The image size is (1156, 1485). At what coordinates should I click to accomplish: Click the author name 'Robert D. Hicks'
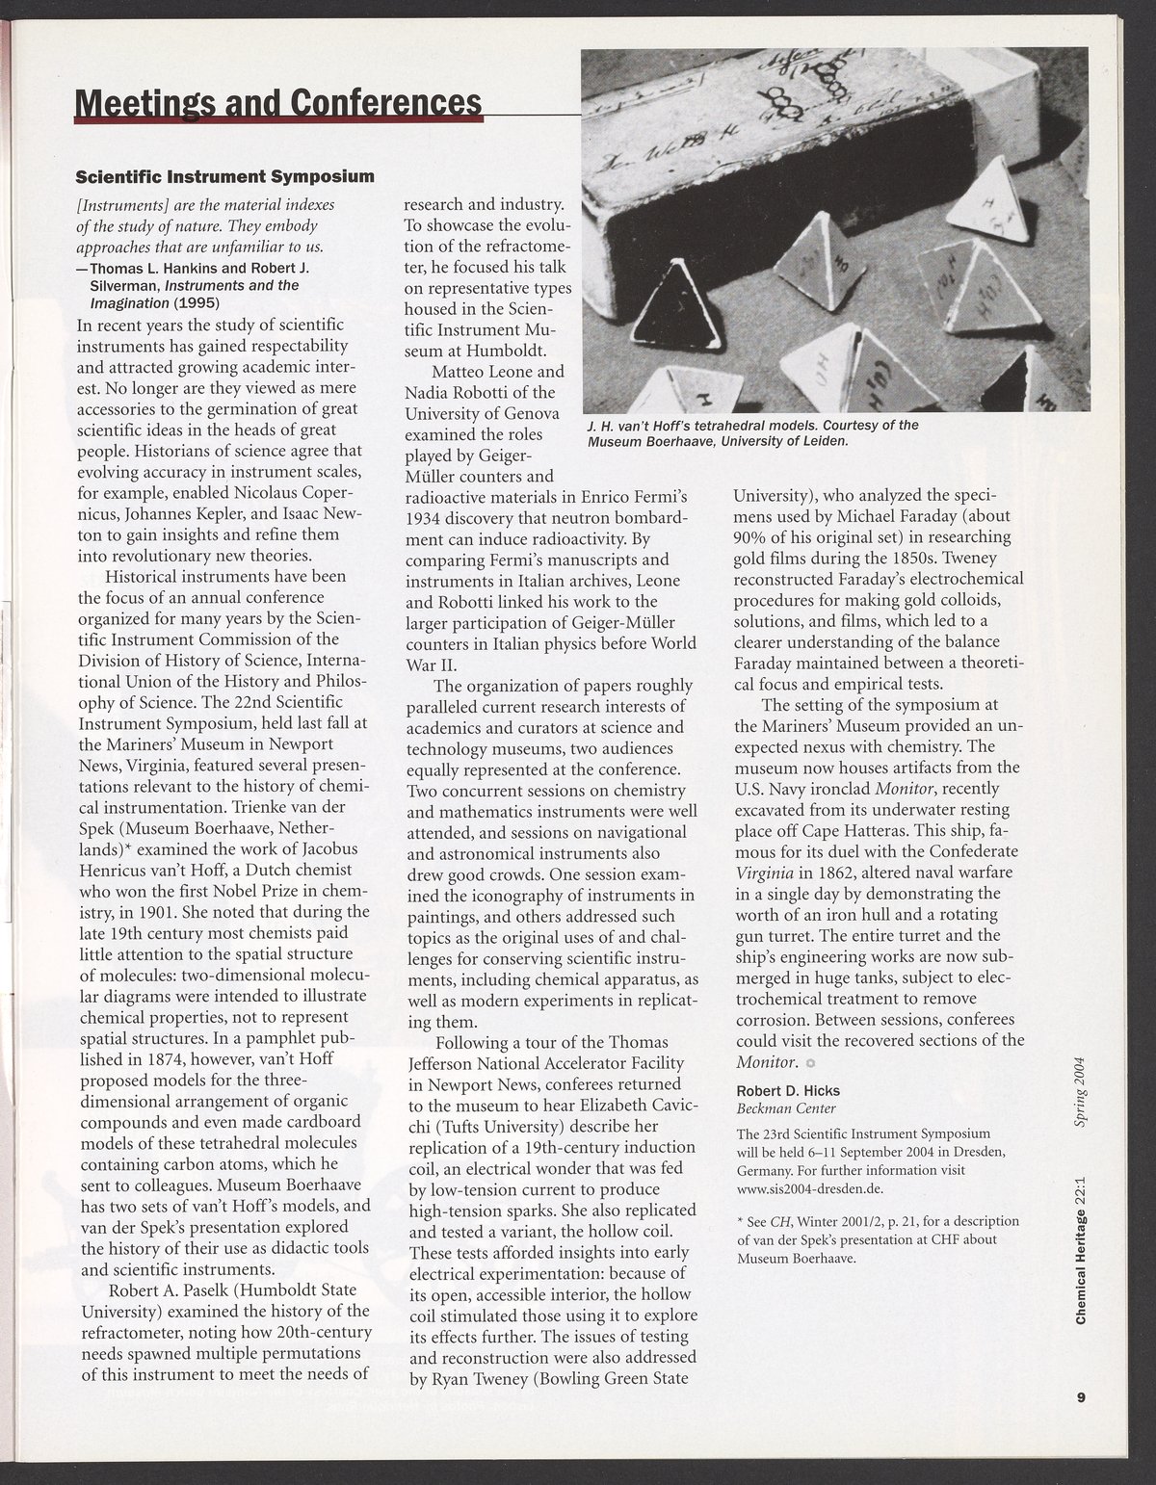point(788,1090)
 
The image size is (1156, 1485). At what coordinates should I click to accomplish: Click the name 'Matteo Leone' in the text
point(480,372)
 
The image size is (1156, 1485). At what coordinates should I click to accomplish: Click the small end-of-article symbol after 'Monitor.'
point(810,1063)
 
